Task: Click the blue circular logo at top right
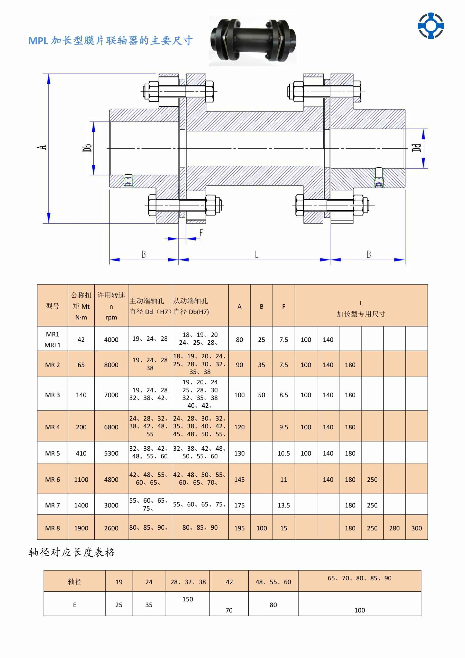coord(431,25)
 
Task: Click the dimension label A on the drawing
coord(42,147)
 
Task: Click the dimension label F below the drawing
coord(201,233)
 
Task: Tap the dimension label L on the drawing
coord(257,254)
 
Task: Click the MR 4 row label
coord(52,427)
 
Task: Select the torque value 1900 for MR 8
coord(81,528)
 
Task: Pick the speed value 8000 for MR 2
coord(111,365)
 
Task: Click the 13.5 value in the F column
coord(284,505)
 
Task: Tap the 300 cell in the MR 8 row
coord(416,528)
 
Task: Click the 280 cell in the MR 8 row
coord(394,528)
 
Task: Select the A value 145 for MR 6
coord(239,479)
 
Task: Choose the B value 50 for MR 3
coord(261,395)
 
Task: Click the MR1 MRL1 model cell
coord(52,340)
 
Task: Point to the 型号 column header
coord(52,306)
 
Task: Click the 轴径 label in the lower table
coord(75,582)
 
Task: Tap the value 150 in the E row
coord(188,599)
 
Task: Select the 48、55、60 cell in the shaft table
coord(273,582)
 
